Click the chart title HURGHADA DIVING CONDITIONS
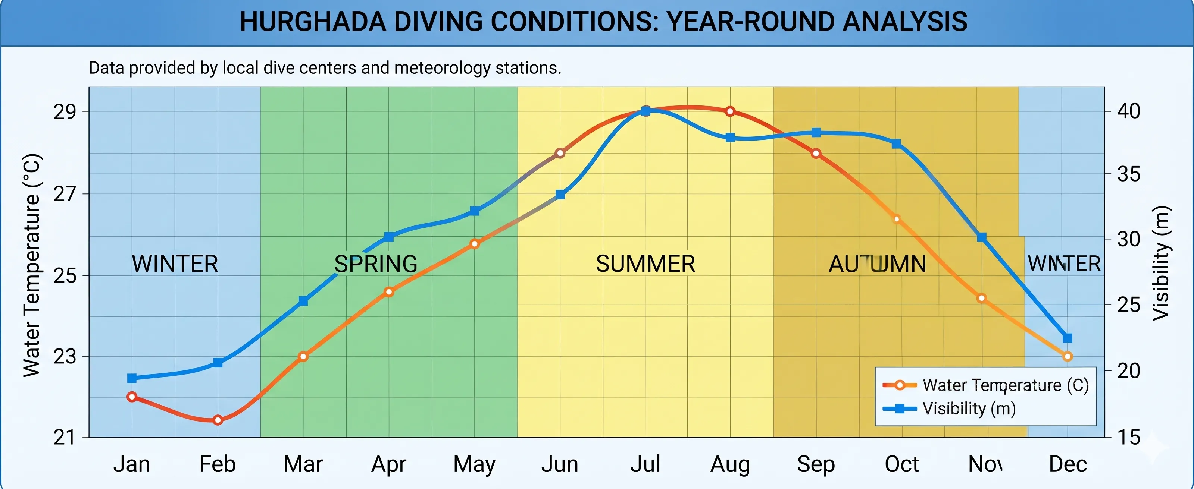pos(603,22)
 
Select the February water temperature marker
pos(218,420)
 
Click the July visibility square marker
pos(645,111)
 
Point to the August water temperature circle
pos(730,111)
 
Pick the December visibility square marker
pos(1068,338)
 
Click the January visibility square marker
pos(132,378)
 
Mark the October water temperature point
pos(896,219)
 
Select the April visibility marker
pos(389,237)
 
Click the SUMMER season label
pos(645,264)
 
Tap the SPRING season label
pos(375,264)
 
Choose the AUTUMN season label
pos(877,264)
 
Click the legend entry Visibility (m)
pos(969,408)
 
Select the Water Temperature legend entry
pos(1005,385)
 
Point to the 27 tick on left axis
pos(65,193)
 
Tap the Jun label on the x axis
pos(559,464)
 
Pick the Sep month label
pos(815,464)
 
